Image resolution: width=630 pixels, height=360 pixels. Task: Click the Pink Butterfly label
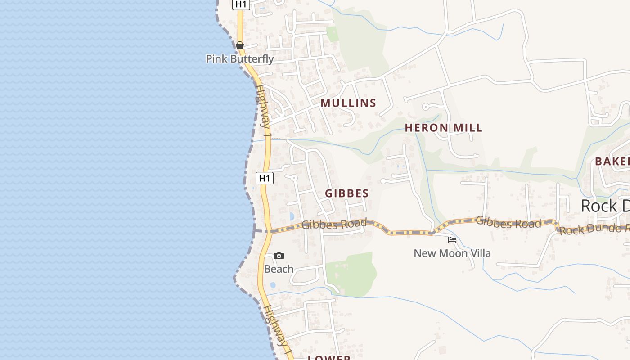239,59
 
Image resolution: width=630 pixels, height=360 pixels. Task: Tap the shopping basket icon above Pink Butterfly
239,45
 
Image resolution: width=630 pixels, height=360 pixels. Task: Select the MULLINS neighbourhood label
348,103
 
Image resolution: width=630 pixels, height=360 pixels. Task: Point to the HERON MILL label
443,128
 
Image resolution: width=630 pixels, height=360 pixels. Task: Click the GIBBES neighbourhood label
347,193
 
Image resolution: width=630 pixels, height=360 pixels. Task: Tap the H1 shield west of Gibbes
265,178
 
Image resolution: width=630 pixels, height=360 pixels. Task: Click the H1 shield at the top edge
241,4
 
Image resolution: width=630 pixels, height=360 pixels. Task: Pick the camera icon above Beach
279,256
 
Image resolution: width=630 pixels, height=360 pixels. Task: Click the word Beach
279,269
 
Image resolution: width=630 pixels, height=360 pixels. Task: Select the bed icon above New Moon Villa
452,240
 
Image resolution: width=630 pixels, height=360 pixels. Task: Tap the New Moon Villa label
452,253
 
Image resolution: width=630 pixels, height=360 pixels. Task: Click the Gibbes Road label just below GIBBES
334,224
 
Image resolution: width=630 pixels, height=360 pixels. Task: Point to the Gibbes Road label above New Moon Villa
508,222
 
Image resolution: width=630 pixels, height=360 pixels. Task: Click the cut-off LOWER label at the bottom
329,357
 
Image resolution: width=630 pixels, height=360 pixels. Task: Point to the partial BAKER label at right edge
612,162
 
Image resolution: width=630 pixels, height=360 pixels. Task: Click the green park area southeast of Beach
353,272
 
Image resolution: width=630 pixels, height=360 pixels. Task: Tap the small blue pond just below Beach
273,285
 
